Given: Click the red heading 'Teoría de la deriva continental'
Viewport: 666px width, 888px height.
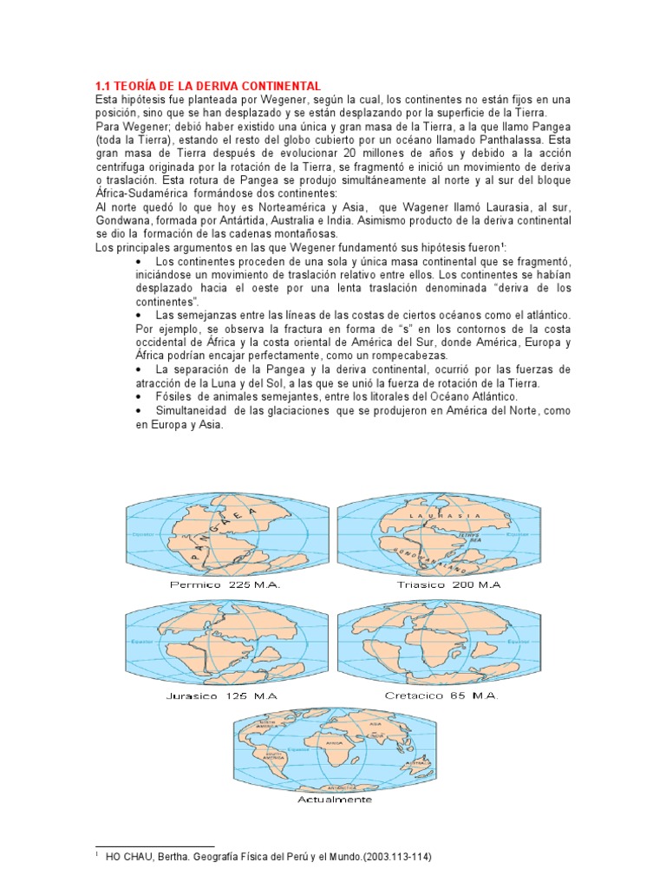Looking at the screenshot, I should coord(207,85).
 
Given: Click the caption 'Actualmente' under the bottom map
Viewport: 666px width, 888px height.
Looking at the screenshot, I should coord(334,799).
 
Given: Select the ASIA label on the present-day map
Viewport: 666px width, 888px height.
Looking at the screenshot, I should coord(375,723).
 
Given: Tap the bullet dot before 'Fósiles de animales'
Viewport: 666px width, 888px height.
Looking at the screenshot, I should coord(140,396).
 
